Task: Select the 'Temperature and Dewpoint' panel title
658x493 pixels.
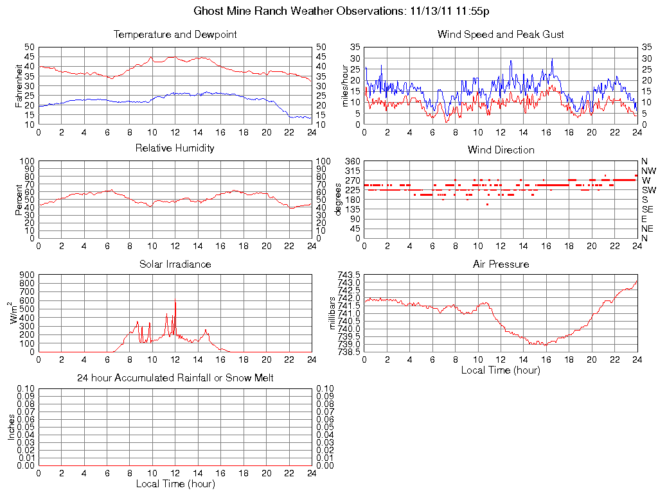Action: tap(175, 34)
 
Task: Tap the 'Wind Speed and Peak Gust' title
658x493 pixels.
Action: tap(501, 34)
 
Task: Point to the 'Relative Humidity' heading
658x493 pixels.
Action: tap(175, 148)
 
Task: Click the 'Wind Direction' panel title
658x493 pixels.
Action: tap(501, 150)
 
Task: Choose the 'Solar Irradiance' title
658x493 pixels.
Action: tap(175, 264)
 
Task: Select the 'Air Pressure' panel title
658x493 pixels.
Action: tap(501, 264)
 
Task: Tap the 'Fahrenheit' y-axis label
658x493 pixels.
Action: tap(19, 85)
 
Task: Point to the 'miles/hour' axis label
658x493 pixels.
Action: tap(344, 85)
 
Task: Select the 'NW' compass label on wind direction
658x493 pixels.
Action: tap(648, 171)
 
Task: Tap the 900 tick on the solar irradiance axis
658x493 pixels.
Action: tap(26, 275)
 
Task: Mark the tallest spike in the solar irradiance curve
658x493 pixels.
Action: tap(175, 300)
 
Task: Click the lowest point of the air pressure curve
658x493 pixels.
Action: tap(546, 345)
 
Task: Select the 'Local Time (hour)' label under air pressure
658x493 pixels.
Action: tap(501, 370)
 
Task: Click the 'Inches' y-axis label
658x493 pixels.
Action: tap(12, 428)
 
